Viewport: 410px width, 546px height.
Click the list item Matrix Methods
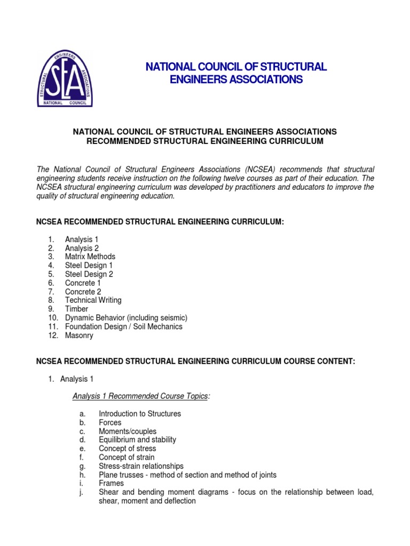(x=90, y=256)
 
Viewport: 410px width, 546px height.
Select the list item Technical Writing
(x=93, y=300)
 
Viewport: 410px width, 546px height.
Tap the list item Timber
(x=76, y=309)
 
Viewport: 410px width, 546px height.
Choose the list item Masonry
(x=79, y=335)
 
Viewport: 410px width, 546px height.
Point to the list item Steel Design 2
(x=89, y=274)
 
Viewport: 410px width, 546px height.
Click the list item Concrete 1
(x=83, y=283)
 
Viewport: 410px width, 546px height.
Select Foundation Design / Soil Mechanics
(x=123, y=326)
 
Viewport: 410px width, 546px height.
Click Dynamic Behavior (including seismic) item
(x=126, y=318)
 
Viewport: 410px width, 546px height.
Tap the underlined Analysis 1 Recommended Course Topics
(x=140, y=396)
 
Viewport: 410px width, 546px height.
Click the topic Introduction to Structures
(x=140, y=414)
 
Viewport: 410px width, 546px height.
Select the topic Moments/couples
(x=128, y=431)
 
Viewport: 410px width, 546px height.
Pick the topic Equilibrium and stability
(x=137, y=440)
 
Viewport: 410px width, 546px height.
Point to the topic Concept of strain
(x=127, y=457)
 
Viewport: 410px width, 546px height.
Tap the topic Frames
(x=111, y=484)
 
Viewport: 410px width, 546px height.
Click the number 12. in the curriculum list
(x=51, y=335)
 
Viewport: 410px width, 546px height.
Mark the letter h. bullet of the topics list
(x=81, y=475)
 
